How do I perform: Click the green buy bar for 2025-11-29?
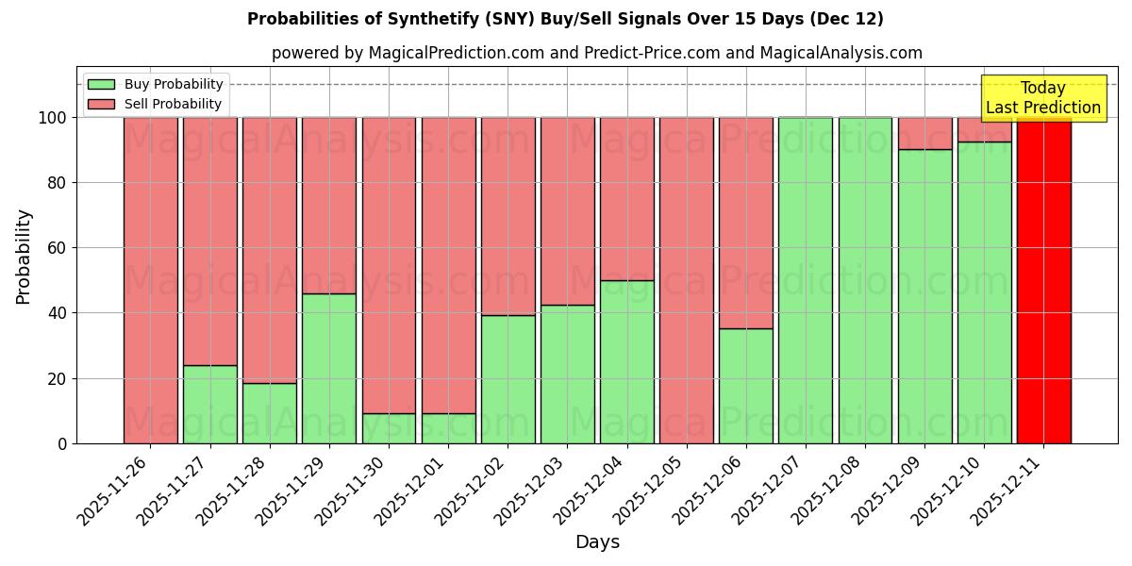click(329, 368)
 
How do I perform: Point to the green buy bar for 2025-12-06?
click(746, 386)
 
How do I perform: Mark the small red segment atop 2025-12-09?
click(925, 133)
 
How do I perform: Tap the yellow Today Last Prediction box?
click(1043, 98)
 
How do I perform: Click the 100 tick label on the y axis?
click(51, 118)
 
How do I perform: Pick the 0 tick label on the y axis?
click(62, 443)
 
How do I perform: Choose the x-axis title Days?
click(597, 542)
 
